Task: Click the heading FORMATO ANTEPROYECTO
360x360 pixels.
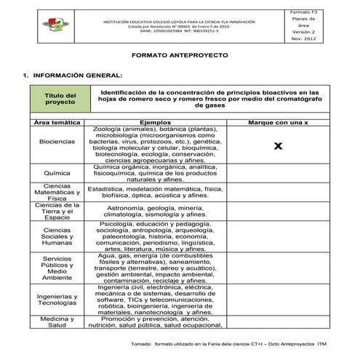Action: point(179,55)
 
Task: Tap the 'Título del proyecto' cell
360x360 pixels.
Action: point(60,99)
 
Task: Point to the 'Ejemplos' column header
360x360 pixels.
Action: point(155,123)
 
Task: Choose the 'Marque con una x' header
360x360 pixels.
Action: point(278,123)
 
